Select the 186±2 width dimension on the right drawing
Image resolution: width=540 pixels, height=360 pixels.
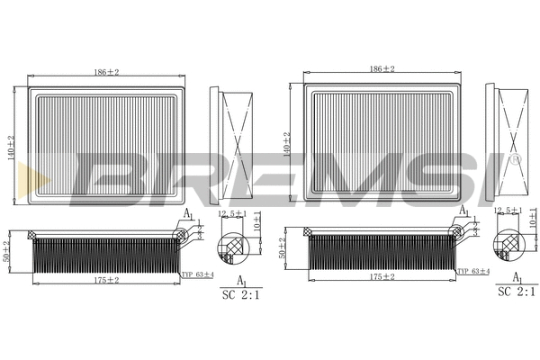[382, 69]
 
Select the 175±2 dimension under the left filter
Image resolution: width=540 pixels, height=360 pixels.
[107, 280]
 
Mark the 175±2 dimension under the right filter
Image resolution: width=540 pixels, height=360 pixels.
[382, 278]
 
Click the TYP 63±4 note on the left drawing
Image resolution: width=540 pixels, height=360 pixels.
[197, 274]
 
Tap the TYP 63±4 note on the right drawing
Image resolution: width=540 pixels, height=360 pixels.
[472, 270]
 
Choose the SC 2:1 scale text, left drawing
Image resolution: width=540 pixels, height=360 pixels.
[239, 293]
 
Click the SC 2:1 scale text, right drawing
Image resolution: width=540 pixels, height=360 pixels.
[516, 292]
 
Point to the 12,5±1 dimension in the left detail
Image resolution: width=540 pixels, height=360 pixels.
[233, 213]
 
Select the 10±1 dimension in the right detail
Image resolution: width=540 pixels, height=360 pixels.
[533, 216]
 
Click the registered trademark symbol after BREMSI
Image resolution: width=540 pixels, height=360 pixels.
[515, 159]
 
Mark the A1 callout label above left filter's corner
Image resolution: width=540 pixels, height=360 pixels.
[188, 212]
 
